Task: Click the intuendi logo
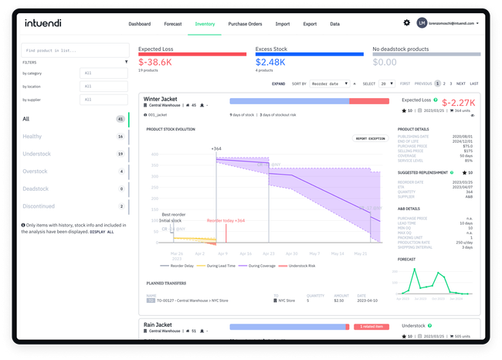47,23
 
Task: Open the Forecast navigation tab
174,24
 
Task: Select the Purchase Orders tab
245,24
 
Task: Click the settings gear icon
407,23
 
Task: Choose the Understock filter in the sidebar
38,154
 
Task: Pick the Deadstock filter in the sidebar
36,188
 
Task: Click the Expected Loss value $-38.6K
156,61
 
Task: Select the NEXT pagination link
460,83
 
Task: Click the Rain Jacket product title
158,326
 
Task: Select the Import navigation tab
282,24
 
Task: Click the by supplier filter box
100,100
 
